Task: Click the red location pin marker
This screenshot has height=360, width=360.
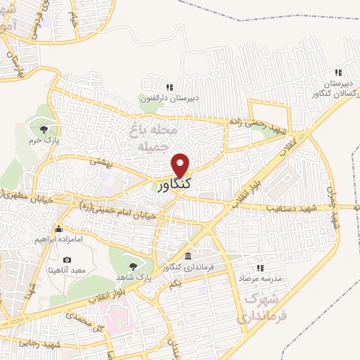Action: point(181,165)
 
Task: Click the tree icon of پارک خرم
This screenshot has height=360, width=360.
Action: point(44,128)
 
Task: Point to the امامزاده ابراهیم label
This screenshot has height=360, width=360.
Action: point(60,240)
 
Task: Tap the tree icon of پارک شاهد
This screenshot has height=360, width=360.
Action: point(133,266)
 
